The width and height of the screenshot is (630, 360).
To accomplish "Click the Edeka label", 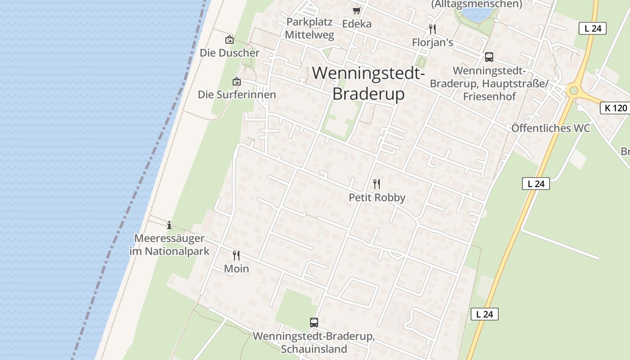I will pyautogui.click(x=357, y=24).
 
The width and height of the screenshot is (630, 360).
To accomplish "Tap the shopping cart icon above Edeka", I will pyautogui.click(x=357, y=10).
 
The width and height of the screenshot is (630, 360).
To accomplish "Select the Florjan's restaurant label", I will pyautogui.click(x=432, y=42).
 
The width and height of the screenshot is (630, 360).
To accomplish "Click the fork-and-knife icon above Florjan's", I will pyautogui.click(x=432, y=29).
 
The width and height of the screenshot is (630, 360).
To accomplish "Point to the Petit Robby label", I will pyautogui.click(x=377, y=198).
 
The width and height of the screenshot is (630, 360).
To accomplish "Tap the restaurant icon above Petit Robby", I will pyautogui.click(x=377, y=184).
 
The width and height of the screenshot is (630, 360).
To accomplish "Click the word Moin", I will pyautogui.click(x=236, y=269).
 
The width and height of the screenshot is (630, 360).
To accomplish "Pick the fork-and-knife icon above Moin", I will pyautogui.click(x=236, y=256).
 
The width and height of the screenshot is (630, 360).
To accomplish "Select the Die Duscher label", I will pyautogui.click(x=229, y=53).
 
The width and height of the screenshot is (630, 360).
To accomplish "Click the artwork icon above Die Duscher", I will pyautogui.click(x=229, y=40).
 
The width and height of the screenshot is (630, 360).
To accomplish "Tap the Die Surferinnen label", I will pyautogui.click(x=237, y=94).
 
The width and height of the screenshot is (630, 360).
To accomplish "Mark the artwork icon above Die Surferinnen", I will pyautogui.click(x=237, y=81).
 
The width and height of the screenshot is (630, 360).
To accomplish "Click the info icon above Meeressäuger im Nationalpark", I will pyautogui.click(x=169, y=225).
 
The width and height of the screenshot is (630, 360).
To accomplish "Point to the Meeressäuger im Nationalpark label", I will pyautogui.click(x=170, y=245).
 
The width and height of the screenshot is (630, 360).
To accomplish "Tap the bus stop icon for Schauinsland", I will pyautogui.click(x=314, y=323).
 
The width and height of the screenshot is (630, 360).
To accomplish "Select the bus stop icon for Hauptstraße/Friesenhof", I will pyautogui.click(x=489, y=57).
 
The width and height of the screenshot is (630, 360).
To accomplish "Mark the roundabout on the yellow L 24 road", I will pyautogui.click(x=573, y=90).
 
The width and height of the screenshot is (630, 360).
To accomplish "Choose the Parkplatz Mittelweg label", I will pyautogui.click(x=310, y=28).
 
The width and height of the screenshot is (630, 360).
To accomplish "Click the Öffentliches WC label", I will pyautogui.click(x=550, y=128).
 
